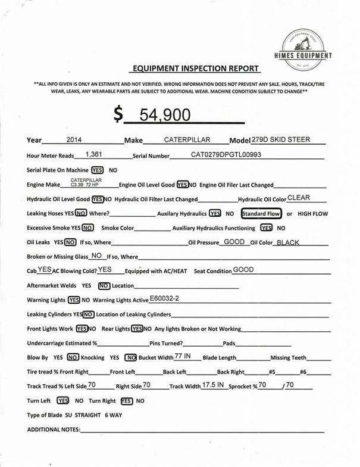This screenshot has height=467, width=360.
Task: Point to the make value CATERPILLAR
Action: (x=187, y=141)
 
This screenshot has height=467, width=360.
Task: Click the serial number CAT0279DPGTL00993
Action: (x=226, y=154)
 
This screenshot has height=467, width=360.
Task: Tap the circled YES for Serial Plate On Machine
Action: (x=97, y=170)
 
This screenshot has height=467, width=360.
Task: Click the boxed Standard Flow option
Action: (x=261, y=213)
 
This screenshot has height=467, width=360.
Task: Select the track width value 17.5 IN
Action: (x=213, y=385)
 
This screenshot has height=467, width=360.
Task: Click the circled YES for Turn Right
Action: (x=127, y=401)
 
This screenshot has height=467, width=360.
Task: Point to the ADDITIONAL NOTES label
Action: (x=54, y=429)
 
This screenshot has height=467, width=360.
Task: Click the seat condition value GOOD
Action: (x=243, y=269)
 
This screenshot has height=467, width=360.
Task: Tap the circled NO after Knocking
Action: (x=131, y=357)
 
